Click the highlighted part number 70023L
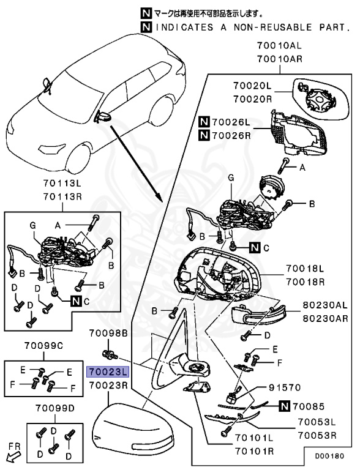click(108, 372)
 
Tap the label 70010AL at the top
click(279, 45)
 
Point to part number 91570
click(285, 387)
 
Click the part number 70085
click(309, 406)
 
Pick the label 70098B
click(108, 333)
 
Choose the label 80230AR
click(325, 318)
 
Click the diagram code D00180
click(329, 456)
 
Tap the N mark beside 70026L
click(204, 122)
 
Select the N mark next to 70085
click(284, 406)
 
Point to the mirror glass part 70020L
click(320, 99)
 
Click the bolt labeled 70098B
click(110, 354)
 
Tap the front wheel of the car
click(78, 158)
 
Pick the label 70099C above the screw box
click(44, 346)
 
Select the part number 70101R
click(254, 451)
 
